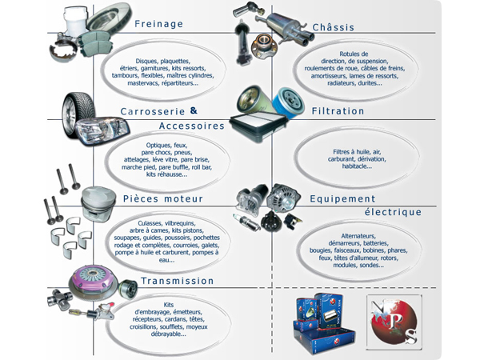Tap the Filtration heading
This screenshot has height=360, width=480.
(x=337, y=111)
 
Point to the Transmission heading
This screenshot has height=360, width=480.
(x=177, y=281)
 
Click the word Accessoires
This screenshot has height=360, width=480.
(x=191, y=126)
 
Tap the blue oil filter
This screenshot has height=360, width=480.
(x=285, y=104)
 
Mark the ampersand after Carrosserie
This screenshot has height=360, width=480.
(x=193, y=110)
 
